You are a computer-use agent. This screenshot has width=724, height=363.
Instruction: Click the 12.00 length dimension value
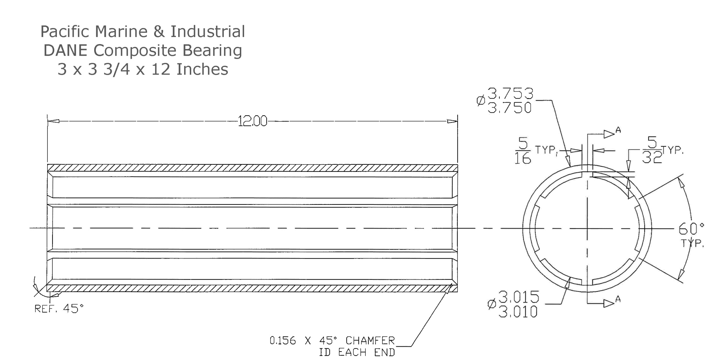(253, 121)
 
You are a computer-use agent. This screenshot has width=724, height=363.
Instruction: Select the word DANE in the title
(65, 50)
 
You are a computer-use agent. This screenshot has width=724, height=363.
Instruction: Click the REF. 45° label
(59, 308)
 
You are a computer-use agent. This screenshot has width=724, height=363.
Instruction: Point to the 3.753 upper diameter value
(510, 93)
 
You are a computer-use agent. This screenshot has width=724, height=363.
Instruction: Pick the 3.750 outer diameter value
(510, 107)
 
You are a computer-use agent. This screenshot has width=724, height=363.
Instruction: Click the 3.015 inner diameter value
(519, 297)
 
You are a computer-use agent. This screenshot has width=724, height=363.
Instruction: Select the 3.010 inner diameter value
(518, 312)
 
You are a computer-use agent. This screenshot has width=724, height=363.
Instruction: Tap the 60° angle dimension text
(691, 229)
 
